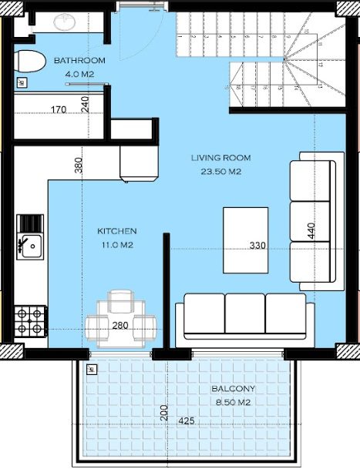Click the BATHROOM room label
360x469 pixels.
point(79,60)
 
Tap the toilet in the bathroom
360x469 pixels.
point(29,61)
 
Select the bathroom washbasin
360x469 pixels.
point(64,22)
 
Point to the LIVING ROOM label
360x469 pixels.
point(221,158)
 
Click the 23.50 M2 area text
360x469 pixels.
point(221,172)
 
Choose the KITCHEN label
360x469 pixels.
point(117,231)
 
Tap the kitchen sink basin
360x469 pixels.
point(32,246)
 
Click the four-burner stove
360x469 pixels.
point(30,321)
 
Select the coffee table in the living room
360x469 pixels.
point(246,240)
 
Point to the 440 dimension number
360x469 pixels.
point(311,230)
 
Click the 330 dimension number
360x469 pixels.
point(257,246)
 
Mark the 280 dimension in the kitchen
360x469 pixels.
point(120,325)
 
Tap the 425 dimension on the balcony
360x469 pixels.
point(187,420)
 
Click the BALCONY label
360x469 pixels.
point(234,389)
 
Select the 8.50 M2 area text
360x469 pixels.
point(234,403)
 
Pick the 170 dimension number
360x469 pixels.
point(59,109)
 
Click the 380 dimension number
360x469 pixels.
point(78,165)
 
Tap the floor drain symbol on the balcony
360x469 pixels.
point(91,370)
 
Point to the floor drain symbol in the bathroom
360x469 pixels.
point(22,82)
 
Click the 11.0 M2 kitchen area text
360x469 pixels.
point(117,245)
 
